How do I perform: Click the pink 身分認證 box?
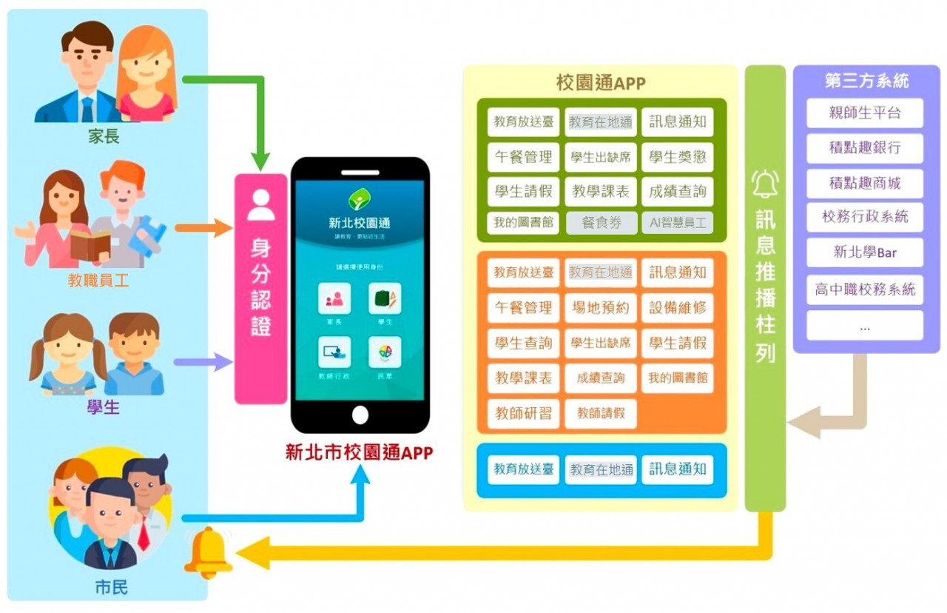coord(260,289)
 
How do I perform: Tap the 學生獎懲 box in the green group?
coord(677,157)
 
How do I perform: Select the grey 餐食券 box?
coord(601,222)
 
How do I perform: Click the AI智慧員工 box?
coord(677,222)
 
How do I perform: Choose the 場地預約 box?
coord(601,307)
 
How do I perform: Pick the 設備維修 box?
coord(677,307)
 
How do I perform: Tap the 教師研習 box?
coord(524,413)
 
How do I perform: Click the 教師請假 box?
coord(601,413)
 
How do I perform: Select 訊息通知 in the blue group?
coord(677,469)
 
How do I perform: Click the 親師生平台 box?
coord(865,113)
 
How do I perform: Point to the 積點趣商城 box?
coord(865,182)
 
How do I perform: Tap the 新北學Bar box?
coord(865,252)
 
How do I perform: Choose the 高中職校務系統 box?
coord(865,289)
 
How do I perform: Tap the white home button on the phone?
coord(360,415)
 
